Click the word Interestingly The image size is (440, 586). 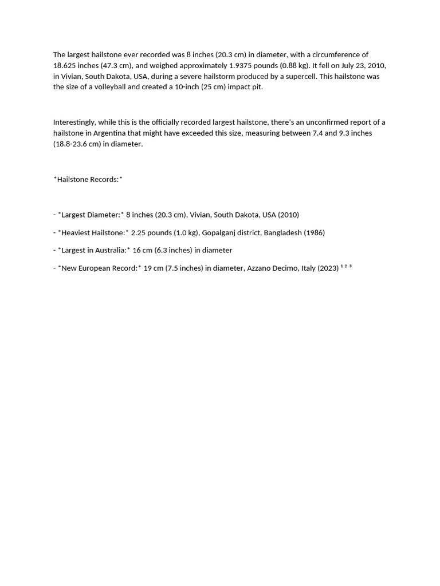coord(75,122)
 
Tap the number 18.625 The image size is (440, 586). coord(64,65)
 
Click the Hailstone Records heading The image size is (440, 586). coord(88,179)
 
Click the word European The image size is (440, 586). coord(98,268)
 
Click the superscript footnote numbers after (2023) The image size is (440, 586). coord(346,266)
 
